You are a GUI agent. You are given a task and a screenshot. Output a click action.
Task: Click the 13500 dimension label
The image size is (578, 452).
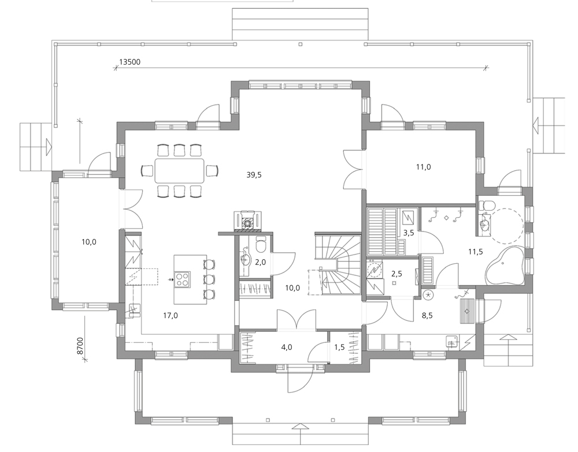tap(130, 62)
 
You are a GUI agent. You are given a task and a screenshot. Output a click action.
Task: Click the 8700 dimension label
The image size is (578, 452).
tap(80, 346)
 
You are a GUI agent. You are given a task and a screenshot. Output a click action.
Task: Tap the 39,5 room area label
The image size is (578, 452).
tap(254, 175)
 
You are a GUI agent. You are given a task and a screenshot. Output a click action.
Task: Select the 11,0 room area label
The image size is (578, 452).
tap(424, 167)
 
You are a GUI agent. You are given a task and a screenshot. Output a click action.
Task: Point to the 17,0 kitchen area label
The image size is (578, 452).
tap(171, 315)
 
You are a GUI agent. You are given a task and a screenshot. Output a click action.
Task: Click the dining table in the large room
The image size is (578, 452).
tap(179, 171)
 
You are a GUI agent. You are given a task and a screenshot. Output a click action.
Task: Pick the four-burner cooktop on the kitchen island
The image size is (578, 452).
tap(183, 279)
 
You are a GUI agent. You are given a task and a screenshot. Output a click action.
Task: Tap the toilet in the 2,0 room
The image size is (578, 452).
tap(261, 244)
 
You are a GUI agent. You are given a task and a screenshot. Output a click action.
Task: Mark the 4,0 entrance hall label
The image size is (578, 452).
tap(287, 347)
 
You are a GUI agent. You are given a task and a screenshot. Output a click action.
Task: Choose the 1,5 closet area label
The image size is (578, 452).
tap(339, 347)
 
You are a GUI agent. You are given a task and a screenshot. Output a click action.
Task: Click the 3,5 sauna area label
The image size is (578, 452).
tap(409, 233)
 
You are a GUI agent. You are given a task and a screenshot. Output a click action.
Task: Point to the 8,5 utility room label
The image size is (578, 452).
tap(427, 315)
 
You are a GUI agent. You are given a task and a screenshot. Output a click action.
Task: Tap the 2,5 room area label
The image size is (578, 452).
tap(397, 274)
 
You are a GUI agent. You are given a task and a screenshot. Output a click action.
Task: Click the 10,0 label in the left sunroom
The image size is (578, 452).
tap(89, 242)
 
